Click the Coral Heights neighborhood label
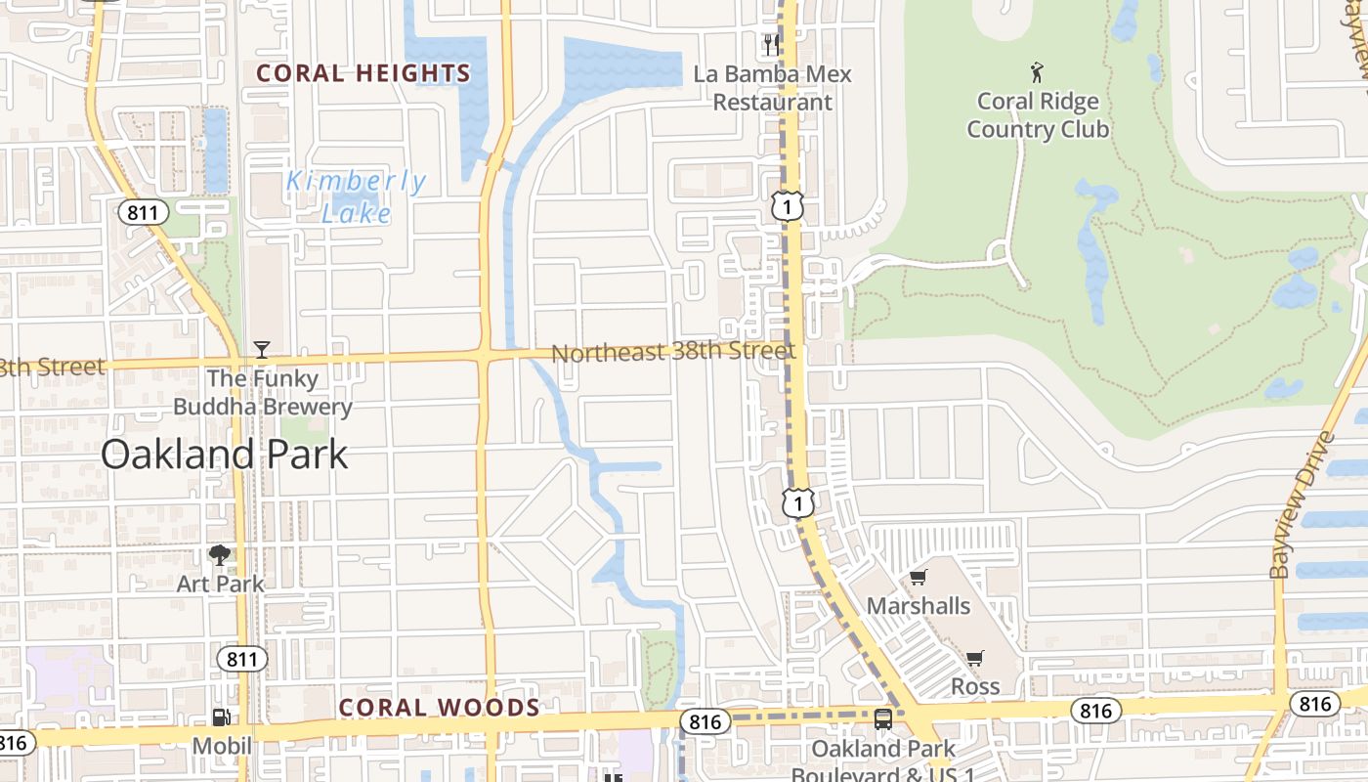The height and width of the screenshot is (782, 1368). pyautogui.click(x=363, y=73)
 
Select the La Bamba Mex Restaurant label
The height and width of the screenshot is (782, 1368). pyautogui.click(x=772, y=88)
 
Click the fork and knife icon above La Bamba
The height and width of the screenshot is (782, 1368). pyautogui.click(x=771, y=44)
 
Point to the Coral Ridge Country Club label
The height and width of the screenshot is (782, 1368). pyautogui.click(x=1037, y=115)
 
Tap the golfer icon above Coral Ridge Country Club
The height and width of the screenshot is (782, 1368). pyautogui.click(x=1037, y=71)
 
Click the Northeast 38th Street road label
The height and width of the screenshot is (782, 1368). pyautogui.click(x=673, y=351)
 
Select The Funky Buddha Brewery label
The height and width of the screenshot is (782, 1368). pyautogui.click(x=262, y=392)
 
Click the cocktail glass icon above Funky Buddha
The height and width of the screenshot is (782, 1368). pyautogui.click(x=261, y=349)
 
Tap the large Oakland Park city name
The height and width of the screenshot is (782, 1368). pyautogui.click(x=224, y=455)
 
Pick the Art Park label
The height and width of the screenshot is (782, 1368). pyautogui.click(x=220, y=584)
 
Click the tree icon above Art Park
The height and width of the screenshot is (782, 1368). pyautogui.click(x=220, y=555)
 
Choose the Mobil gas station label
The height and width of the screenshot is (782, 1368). pyautogui.click(x=221, y=746)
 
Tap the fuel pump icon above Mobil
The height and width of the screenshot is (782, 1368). pyautogui.click(x=222, y=717)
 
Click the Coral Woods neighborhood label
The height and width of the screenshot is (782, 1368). pyautogui.click(x=439, y=708)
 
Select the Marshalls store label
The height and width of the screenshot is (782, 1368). pyautogui.click(x=919, y=606)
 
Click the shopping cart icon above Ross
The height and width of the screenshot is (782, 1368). pyautogui.click(x=974, y=658)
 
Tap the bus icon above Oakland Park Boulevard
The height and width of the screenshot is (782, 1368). pyautogui.click(x=883, y=719)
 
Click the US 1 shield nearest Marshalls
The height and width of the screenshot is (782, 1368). pyautogui.click(x=798, y=503)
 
